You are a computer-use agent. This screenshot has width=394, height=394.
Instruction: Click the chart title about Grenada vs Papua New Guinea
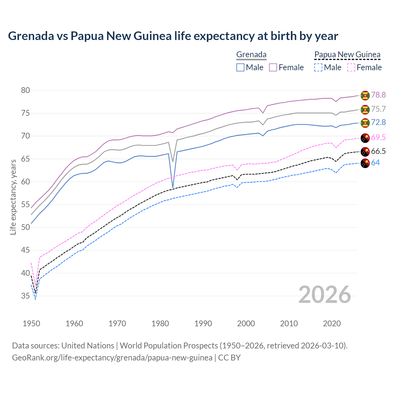coord(173,36)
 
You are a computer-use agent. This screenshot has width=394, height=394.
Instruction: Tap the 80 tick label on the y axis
coord(26,90)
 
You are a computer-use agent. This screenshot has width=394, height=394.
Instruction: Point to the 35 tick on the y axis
coord(26,296)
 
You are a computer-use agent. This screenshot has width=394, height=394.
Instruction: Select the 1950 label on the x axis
coord(31,324)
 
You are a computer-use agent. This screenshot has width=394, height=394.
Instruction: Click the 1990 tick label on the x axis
coord(203,324)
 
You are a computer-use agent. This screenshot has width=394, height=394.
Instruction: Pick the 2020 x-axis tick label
coord(332,324)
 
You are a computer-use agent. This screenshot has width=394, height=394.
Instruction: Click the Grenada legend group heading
coord(251,55)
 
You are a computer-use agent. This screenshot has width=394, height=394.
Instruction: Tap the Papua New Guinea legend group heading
coord(347,55)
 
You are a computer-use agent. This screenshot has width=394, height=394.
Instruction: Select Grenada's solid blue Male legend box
coord(240,67)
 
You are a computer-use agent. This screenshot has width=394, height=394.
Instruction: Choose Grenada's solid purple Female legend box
coord(273,67)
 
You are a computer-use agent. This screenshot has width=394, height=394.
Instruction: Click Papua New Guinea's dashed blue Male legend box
coord(318,67)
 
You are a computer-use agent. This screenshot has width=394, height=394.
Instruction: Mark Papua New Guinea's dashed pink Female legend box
coord(351,67)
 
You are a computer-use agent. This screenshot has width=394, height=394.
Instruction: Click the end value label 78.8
coord(378,95)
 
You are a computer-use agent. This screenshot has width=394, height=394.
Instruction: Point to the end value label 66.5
coord(378,151)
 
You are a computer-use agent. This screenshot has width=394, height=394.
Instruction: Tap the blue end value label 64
coord(376,163)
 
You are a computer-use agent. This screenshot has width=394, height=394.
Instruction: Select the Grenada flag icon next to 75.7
coord(365,109)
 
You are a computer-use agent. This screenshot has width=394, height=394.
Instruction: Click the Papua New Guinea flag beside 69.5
coord(365,138)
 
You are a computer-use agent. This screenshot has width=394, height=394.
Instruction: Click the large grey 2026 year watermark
coord(325,295)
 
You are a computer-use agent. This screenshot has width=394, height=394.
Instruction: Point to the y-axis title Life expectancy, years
coord(13,197)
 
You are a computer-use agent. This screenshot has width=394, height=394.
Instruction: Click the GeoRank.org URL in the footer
coord(112,358)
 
